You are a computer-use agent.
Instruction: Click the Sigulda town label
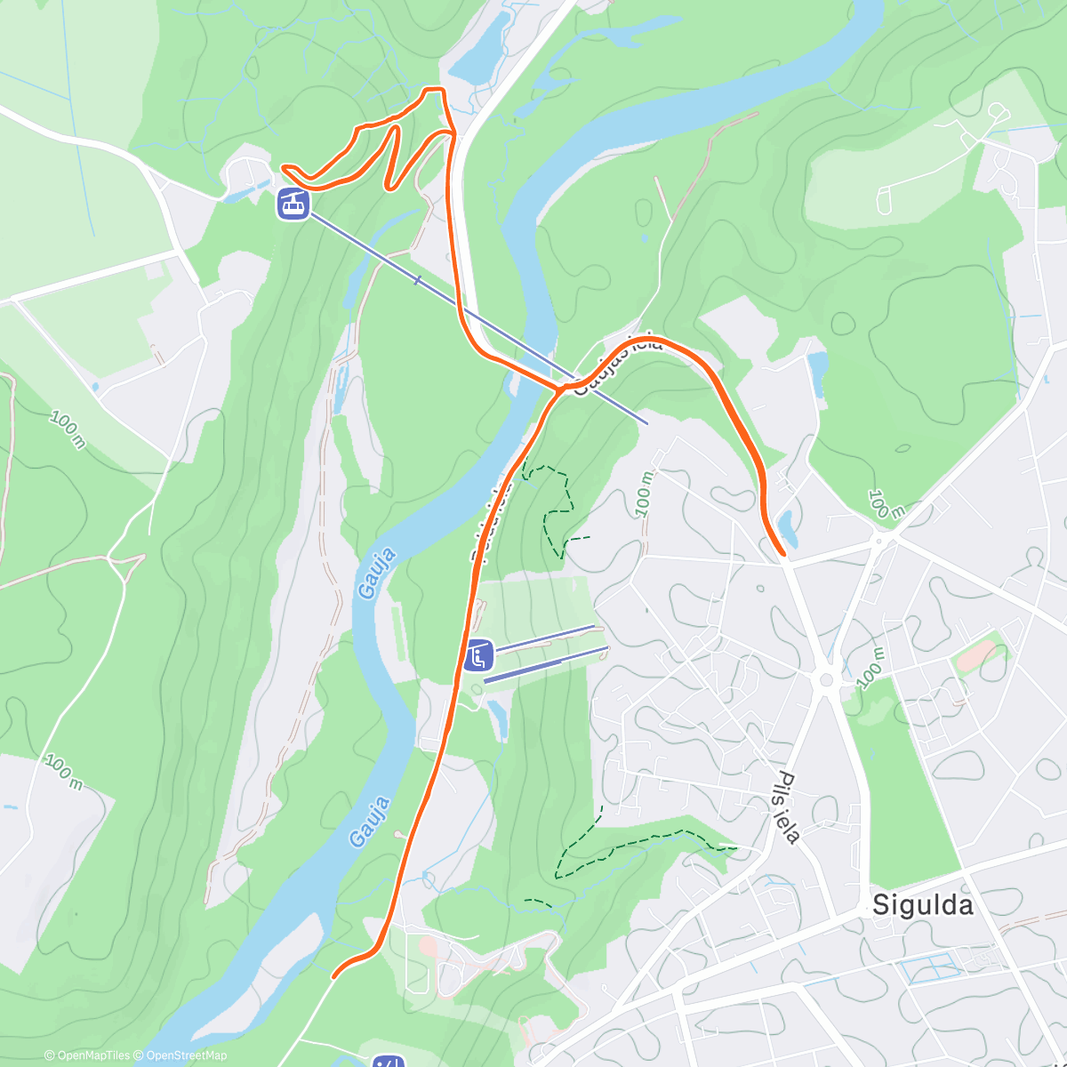pyautogui.click(x=922, y=905)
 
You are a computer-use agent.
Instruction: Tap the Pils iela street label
pyautogui.click(x=788, y=806)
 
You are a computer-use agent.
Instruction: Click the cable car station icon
pyautogui.click(x=293, y=204)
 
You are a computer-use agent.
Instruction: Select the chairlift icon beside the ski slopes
pyautogui.click(x=478, y=656)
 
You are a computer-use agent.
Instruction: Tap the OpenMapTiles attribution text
pyautogui.click(x=87, y=1055)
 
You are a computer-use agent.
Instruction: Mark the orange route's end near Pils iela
pyautogui.click(x=782, y=554)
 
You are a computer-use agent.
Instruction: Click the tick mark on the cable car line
pyautogui.click(x=417, y=280)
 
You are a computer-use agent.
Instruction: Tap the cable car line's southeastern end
pyautogui.click(x=646, y=422)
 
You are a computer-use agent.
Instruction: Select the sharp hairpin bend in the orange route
pyautogui.click(x=389, y=188)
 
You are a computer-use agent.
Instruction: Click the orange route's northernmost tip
pyautogui.click(x=432, y=89)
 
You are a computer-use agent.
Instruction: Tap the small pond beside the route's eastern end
pyautogui.click(x=788, y=526)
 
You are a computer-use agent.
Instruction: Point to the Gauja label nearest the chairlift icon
pyautogui.click(x=376, y=574)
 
